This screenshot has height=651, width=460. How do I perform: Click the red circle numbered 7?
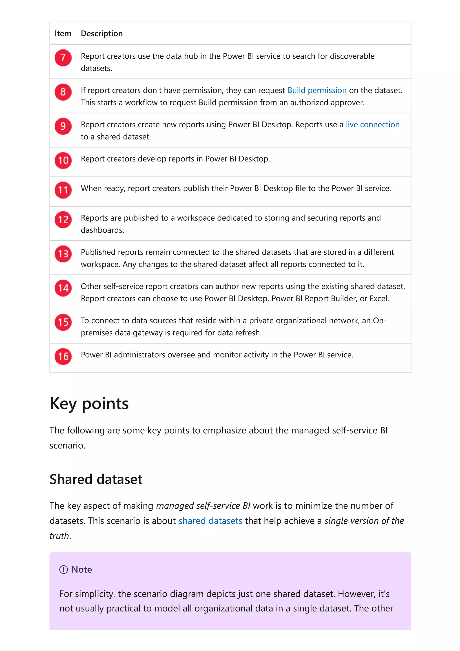63,58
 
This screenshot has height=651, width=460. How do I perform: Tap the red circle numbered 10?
63,160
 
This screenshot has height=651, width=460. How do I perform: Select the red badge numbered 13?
63,254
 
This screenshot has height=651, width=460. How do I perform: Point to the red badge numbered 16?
63,356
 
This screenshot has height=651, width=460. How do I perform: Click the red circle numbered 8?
63,92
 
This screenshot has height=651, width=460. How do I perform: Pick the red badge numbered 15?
63,322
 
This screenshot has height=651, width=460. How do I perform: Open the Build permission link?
317,91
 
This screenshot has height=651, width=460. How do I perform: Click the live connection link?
372,125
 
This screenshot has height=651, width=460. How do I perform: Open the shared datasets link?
210,521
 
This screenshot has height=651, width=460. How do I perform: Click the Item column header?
63,33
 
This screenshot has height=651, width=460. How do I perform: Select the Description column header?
102,33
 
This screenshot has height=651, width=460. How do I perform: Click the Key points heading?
89,403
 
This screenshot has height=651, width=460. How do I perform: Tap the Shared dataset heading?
96,479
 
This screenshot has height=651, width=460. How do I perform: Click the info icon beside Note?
64,570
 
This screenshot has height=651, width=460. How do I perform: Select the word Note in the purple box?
82,570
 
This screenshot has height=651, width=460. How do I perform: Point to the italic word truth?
59,536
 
